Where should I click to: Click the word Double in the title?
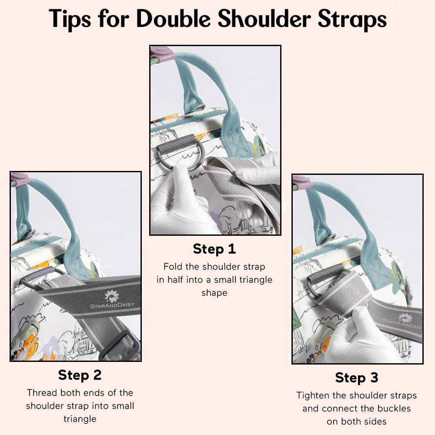pos(174,19)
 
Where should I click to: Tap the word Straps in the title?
pos(352,20)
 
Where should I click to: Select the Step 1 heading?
pos(214,249)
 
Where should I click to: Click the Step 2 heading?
pos(80,375)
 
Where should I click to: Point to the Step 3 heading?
pos(357,378)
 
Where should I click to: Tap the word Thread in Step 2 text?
pos(42,393)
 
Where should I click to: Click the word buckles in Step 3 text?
pos(394,408)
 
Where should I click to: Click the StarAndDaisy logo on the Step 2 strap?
pos(112,300)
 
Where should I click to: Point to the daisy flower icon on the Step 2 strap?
pos(112,296)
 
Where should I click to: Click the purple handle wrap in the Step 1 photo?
pos(162,52)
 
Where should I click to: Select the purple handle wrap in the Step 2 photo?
pos(20,179)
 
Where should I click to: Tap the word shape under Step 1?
pos(214,293)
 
